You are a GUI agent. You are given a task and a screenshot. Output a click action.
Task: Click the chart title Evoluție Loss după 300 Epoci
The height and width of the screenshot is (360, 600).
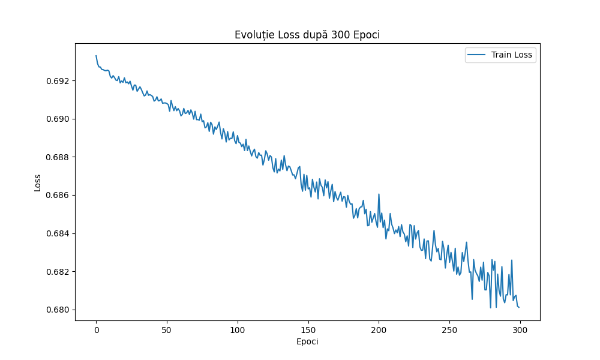coord(307,35)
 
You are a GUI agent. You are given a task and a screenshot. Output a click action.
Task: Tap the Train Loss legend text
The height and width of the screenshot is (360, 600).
coord(512,55)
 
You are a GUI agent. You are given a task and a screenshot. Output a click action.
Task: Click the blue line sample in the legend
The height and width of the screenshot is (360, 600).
coord(478,55)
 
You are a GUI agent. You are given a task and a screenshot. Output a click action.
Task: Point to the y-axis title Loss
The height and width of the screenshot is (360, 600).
coord(38,182)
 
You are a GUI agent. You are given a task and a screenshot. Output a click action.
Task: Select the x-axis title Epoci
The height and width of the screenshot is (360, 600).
coord(307,342)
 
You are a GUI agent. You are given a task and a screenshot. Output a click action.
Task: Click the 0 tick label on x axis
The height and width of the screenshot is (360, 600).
coord(96,329)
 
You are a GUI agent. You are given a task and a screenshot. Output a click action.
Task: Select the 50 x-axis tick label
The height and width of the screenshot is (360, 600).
coord(167,329)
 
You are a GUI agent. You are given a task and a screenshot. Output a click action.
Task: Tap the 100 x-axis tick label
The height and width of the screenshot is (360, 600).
coord(238,329)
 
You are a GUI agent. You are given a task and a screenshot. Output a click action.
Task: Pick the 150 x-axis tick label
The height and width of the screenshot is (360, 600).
coord(308,329)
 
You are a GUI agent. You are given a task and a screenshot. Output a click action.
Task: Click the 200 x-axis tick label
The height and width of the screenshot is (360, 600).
coord(379,329)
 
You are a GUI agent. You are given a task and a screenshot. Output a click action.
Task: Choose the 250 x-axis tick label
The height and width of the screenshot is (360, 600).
coord(449,329)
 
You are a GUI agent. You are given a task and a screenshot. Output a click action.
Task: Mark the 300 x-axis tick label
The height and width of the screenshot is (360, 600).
coord(520,329)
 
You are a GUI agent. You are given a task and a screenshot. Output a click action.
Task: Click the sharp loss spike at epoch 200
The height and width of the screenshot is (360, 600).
coord(379,194)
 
